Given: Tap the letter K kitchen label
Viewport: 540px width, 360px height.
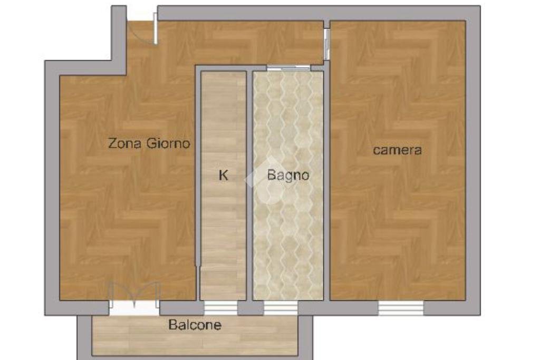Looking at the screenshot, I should [224, 176].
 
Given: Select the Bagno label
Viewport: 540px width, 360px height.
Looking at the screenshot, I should [288, 176].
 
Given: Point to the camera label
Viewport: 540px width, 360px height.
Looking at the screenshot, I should [398, 150].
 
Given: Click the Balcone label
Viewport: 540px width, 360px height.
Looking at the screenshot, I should [195, 325].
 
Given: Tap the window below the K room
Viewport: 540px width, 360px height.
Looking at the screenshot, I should [220, 307].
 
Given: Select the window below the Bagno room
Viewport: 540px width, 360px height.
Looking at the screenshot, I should [281, 307].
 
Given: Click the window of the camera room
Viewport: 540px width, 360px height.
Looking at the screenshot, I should [401, 307].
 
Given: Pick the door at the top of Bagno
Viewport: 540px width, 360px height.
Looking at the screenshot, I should [288, 68].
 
